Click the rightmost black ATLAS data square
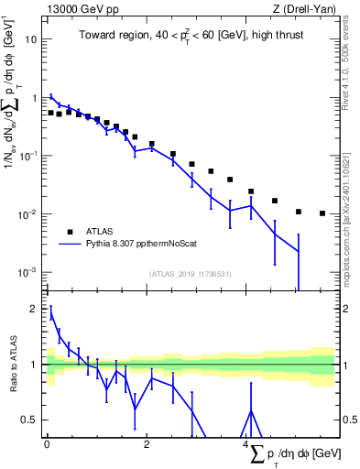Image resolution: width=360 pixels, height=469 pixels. [322, 213]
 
